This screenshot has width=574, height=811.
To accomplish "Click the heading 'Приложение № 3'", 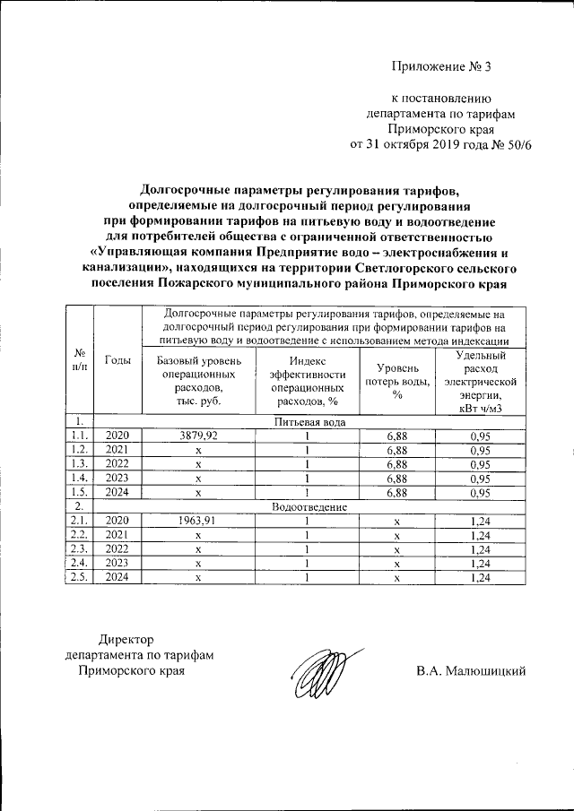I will coord(442,65).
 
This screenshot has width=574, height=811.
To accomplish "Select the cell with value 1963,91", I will coord(198,521).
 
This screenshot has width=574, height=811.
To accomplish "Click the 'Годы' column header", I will coord(118,359).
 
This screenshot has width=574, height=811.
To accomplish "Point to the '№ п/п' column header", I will coord(80,359).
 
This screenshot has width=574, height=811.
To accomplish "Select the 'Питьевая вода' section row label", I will coord(309,420).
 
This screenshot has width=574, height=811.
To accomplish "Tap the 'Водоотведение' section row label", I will coord(309,506).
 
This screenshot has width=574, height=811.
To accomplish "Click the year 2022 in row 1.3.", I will coord(118,463).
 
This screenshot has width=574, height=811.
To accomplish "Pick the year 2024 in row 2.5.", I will coord(118,578).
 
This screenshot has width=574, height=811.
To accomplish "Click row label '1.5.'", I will coord(80,492).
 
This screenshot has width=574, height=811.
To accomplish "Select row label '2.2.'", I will coord(80,535).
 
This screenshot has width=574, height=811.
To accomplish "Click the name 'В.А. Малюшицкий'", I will coord(470,670).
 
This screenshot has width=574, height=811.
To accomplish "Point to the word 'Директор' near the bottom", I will coord(126,639).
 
